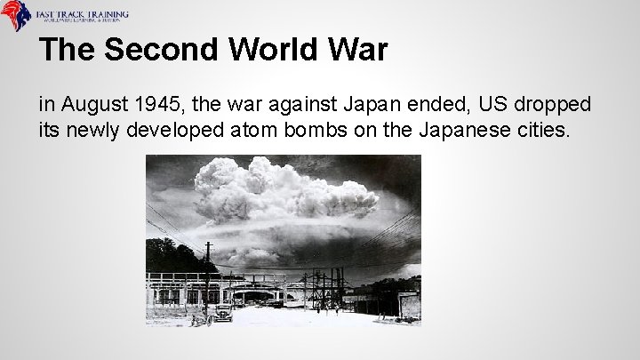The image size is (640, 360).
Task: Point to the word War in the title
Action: coord(357,50)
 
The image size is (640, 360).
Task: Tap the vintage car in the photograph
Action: coord(220,313)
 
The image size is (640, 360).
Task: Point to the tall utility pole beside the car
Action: coord(208,276)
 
